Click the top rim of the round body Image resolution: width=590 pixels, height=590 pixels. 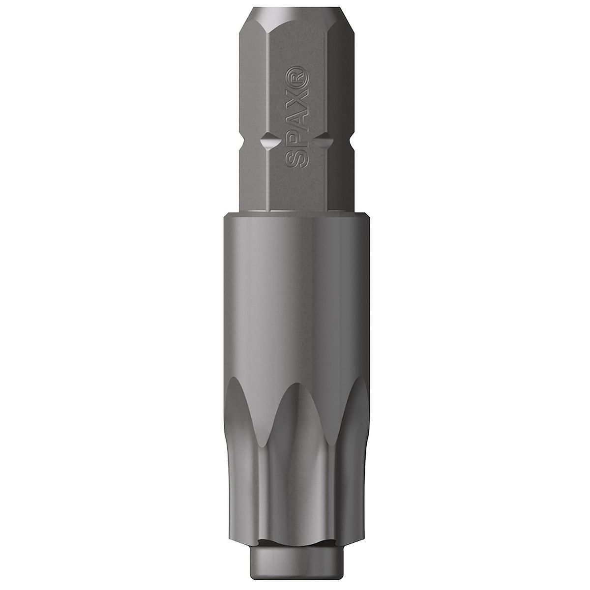[x=295, y=214]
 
